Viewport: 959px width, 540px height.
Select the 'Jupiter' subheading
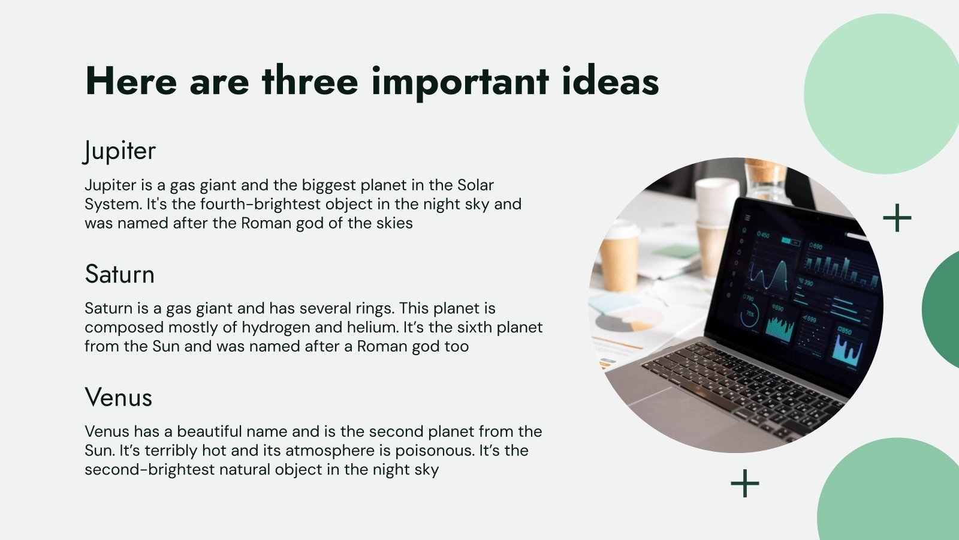[x=119, y=151]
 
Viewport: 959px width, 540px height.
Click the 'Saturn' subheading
[x=119, y=274]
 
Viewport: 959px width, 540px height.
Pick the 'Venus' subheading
[x=118, y=397]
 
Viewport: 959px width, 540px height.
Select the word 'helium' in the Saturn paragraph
[x=372, y=327]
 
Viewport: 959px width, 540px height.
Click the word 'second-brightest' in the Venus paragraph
[x=149, y=470]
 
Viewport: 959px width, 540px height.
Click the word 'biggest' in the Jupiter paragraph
[x=329, y=185]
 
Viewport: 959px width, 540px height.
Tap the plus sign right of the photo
[x=897, y=218]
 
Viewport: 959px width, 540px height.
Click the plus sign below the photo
[x=745, y=484]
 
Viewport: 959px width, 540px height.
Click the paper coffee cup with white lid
[x=620, y=257]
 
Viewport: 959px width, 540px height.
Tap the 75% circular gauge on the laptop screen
[x=750, y=314]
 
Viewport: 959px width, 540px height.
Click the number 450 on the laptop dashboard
[x=764, y=235]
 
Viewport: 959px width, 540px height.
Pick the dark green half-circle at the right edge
[x=940, y=310]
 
